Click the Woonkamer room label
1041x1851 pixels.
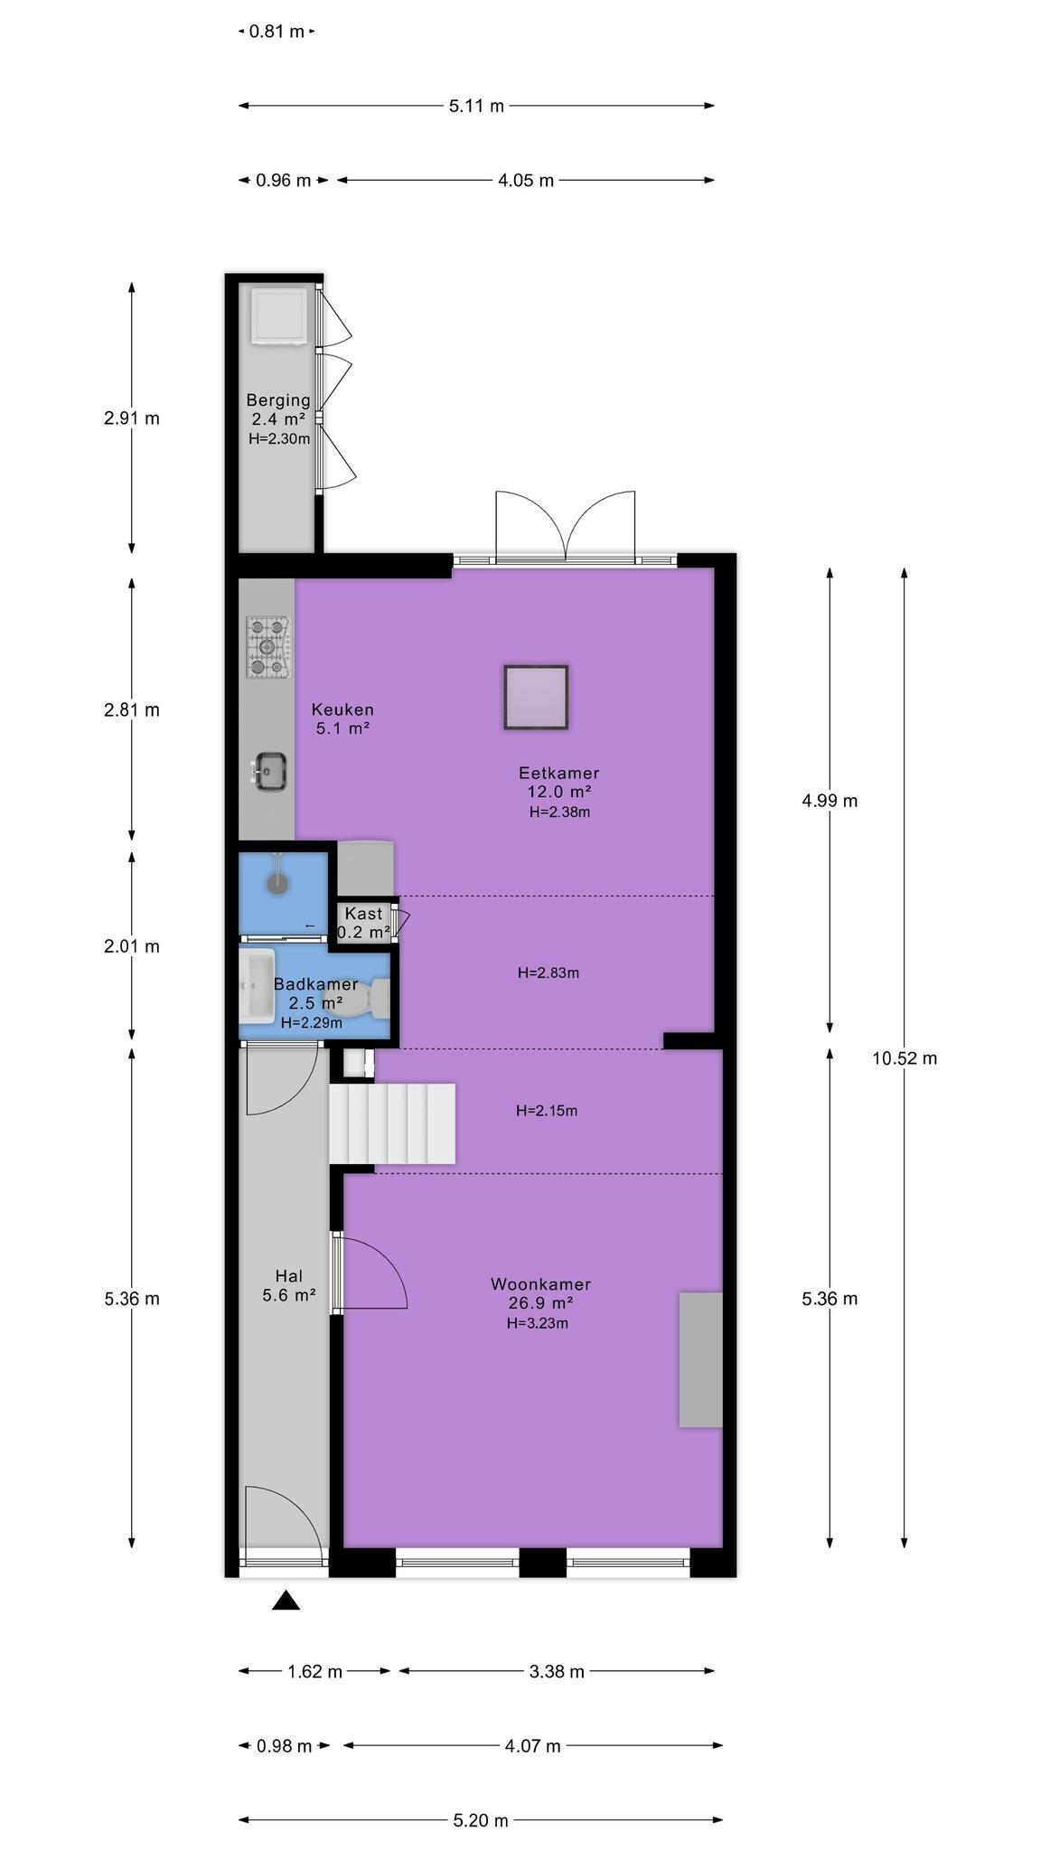tap(540, 1284)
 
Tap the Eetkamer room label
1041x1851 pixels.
tap(558, 773)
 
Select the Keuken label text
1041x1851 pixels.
tap(342, 709)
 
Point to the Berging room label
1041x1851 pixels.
tap(278, 400)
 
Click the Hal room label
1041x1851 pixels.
tap(288, 1276)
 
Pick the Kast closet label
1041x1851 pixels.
tap(363, 914)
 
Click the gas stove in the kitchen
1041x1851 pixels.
tap(269, 647)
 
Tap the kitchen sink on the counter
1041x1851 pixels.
tap(269, 772)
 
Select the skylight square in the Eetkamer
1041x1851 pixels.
tap(536, 697)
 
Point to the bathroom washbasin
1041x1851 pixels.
tap(257, 986)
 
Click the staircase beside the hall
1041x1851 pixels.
tap(391, 1123)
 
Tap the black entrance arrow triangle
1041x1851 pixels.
tap(286, 1601)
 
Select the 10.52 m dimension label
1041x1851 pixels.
tap(905, 1058)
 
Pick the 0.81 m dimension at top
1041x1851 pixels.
tap(277, 32)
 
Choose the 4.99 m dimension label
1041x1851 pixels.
tap(830, 801)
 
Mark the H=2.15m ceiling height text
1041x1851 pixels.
tap(547, 1111)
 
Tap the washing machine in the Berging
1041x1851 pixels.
tap(278, 316)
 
